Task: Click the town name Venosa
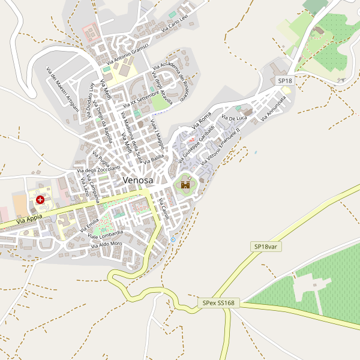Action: pyautogui.click(x=137, y=180)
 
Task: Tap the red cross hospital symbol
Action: pyautogui.click(x=40, y=199)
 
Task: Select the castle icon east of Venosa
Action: pyautogui.click(x=185, y=185)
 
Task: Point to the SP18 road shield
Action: pyautogui.click(x=284, y=80)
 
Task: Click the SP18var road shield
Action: pyautogui.click(x=265, y=247)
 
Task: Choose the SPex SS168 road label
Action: pyautogui.click(x=218, y=304)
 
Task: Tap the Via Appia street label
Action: pyautogui.click(x=29, y=221)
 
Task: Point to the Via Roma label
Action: pyautogui.click(x=202, y=123)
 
